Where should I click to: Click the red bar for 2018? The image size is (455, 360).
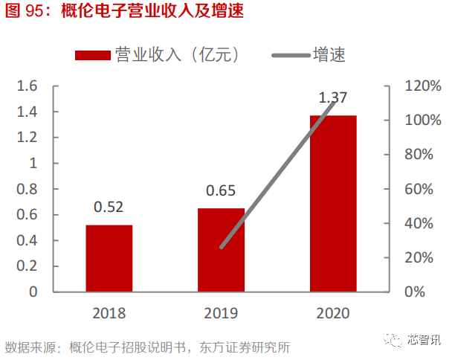point(109,258)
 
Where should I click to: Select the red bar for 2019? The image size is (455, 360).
point(221,250)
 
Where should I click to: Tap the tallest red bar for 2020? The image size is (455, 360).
point(333,203)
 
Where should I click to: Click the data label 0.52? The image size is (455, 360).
point(109,207)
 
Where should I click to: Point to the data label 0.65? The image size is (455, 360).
point(221,190)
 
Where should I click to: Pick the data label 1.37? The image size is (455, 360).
point(333,97)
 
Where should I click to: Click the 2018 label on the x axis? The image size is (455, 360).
point(109,313)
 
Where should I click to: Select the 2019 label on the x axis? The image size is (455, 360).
point(221,313)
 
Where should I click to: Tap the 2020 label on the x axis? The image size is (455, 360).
point(333,313)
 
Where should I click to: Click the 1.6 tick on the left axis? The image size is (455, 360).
point(28,86)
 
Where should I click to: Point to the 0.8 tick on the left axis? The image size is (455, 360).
point(28,189)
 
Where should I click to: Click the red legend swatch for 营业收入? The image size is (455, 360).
point(93,55)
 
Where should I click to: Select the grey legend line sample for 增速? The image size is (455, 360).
point(293,55)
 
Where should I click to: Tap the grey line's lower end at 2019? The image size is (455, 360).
point(222,247)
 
